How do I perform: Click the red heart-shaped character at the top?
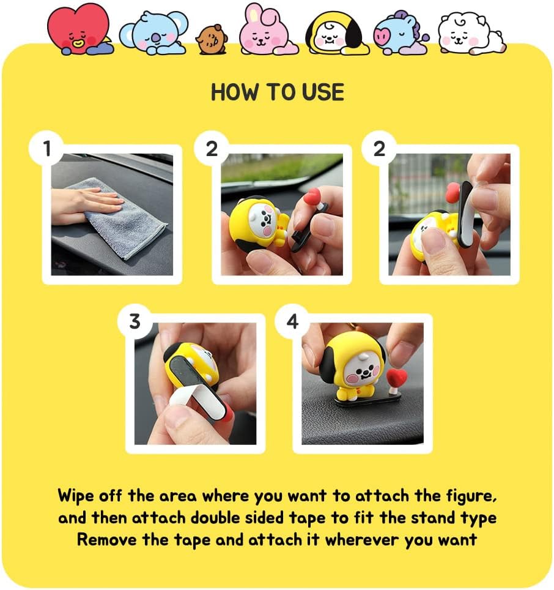coord(79,29)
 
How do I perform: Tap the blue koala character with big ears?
coord(153,32)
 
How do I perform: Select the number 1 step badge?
coord(46,148)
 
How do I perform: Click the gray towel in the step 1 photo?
coord(122,218)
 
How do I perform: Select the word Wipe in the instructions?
coord(76,496)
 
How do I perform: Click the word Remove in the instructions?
coord(107,540)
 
